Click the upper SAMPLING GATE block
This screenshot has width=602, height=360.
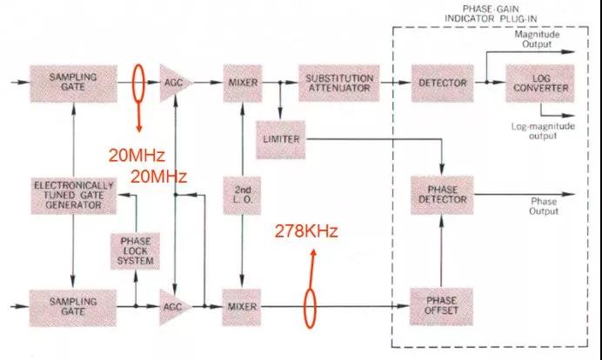pyautogui.click(x=73, y=83)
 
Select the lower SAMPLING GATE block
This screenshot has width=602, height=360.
pyautogui.click(x=73, y=308)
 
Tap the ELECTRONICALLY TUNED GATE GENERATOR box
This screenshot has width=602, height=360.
pyautogui.click(x=73, y=196)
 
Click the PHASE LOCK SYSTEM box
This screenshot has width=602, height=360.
pyautogui.click(x=135, y=251)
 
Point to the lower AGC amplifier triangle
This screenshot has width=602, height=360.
pyautogui.click(x=174, y=307)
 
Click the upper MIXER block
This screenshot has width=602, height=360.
pyautogui.click(x=243, y=83)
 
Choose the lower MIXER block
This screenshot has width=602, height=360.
pyautogui.click(x=242, y=308)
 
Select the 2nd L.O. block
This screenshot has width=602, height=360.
pyautogui.click(x=242, y=196)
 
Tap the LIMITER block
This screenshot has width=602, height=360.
pyautogui.click(x=281, y=140)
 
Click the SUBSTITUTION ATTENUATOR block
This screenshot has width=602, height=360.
pyautogui.click(x=339, y=83)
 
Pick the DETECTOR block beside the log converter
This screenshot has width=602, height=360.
pyautogui.click(x=442, y=83)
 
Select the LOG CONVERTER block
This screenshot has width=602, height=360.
pyautogui.click(x=540, y=83)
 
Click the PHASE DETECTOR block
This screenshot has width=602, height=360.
pyautogui.click(x=442, y=195)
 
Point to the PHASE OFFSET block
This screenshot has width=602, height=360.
pyautogui.click(x=441, y=306)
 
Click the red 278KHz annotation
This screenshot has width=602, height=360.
pyautogui.click(x=306, y=231)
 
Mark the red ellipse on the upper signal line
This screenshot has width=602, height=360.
pyautogui.click(x=138, y=83)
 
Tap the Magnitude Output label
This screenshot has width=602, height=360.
pyautogui.click(x=537, y=39)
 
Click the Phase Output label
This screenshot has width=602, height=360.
pyautogui.click(x=544, y=206)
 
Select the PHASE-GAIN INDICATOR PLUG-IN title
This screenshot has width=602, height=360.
pyautogui.click(x=491, y=14)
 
